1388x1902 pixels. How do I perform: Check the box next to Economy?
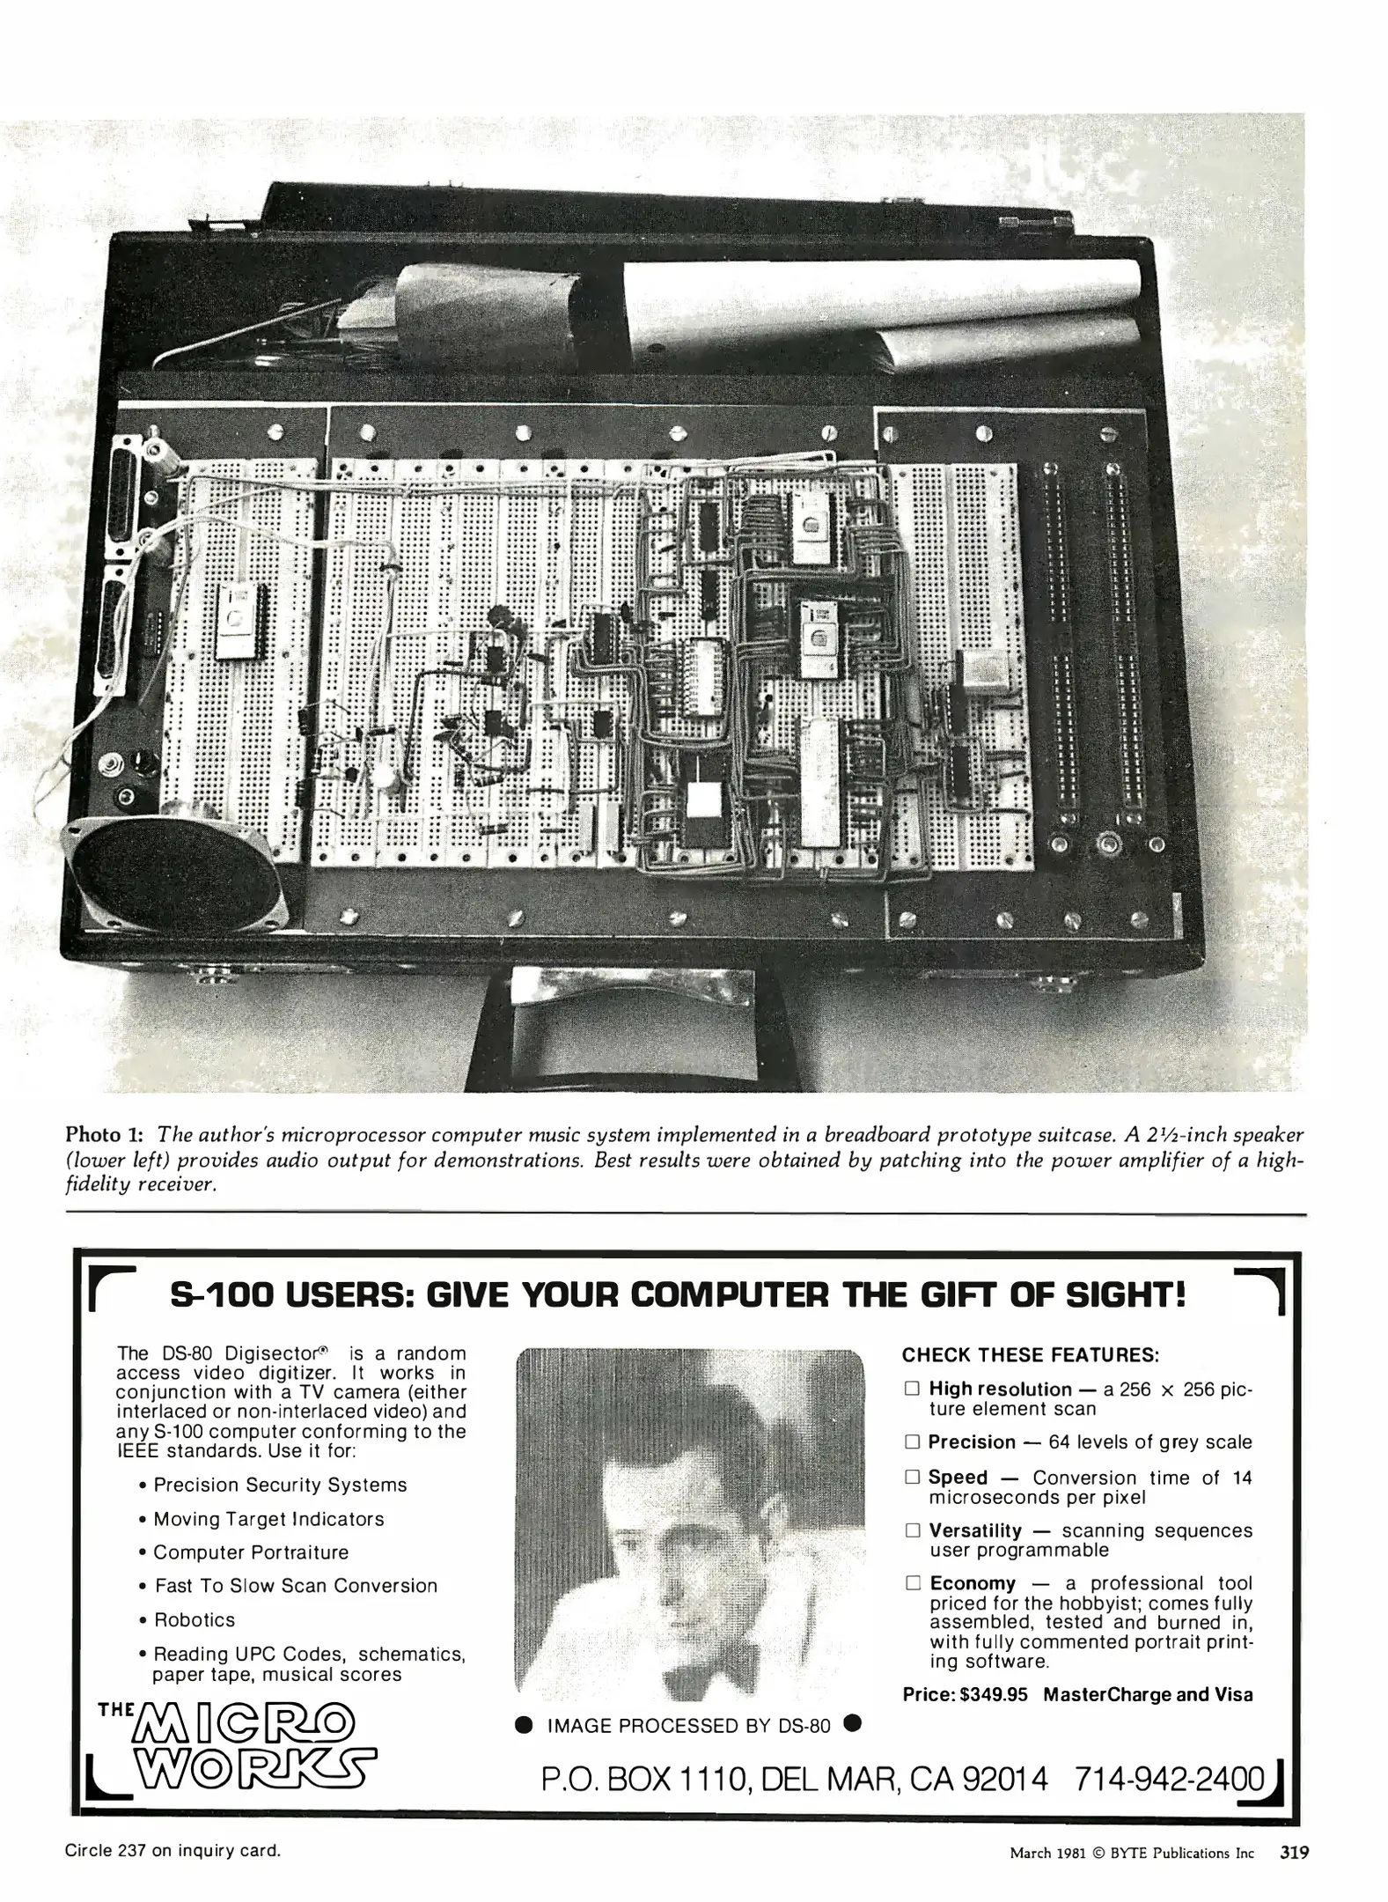(912, 1582)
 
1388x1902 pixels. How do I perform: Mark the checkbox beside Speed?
(912, 1477)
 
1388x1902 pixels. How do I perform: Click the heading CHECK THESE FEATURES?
(1030, 1354)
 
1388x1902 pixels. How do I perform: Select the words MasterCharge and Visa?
(1148, 1694)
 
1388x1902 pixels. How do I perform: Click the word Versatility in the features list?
(975, 1530)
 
